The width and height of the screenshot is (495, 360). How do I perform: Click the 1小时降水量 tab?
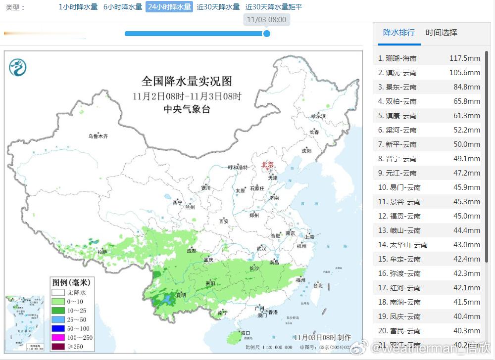[x=78, y=7]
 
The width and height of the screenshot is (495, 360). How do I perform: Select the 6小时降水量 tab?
[x=123, y=7]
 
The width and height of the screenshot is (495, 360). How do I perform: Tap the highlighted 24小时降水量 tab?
[x=169, y=7]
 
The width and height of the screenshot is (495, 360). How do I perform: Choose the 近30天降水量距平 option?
[x=274, y=7]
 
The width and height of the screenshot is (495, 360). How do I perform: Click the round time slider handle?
[x=266, y=34]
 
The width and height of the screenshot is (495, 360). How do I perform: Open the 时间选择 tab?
[x=442, y=33]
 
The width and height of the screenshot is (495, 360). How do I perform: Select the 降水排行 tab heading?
[x=399, y=33]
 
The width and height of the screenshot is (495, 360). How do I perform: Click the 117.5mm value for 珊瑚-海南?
[x=464, y=58]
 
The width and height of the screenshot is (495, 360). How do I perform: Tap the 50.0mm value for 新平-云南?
[x=467, y=144]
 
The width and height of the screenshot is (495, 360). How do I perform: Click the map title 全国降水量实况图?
[x=187, y=81]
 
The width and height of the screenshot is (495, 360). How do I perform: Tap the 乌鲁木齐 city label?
[x=98, y=136]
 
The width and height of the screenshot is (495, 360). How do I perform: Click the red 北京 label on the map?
[x=267, y=165]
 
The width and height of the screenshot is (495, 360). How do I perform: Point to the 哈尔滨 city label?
[x=318, y=116]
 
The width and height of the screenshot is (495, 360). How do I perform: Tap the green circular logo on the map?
[x=18, y=67]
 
